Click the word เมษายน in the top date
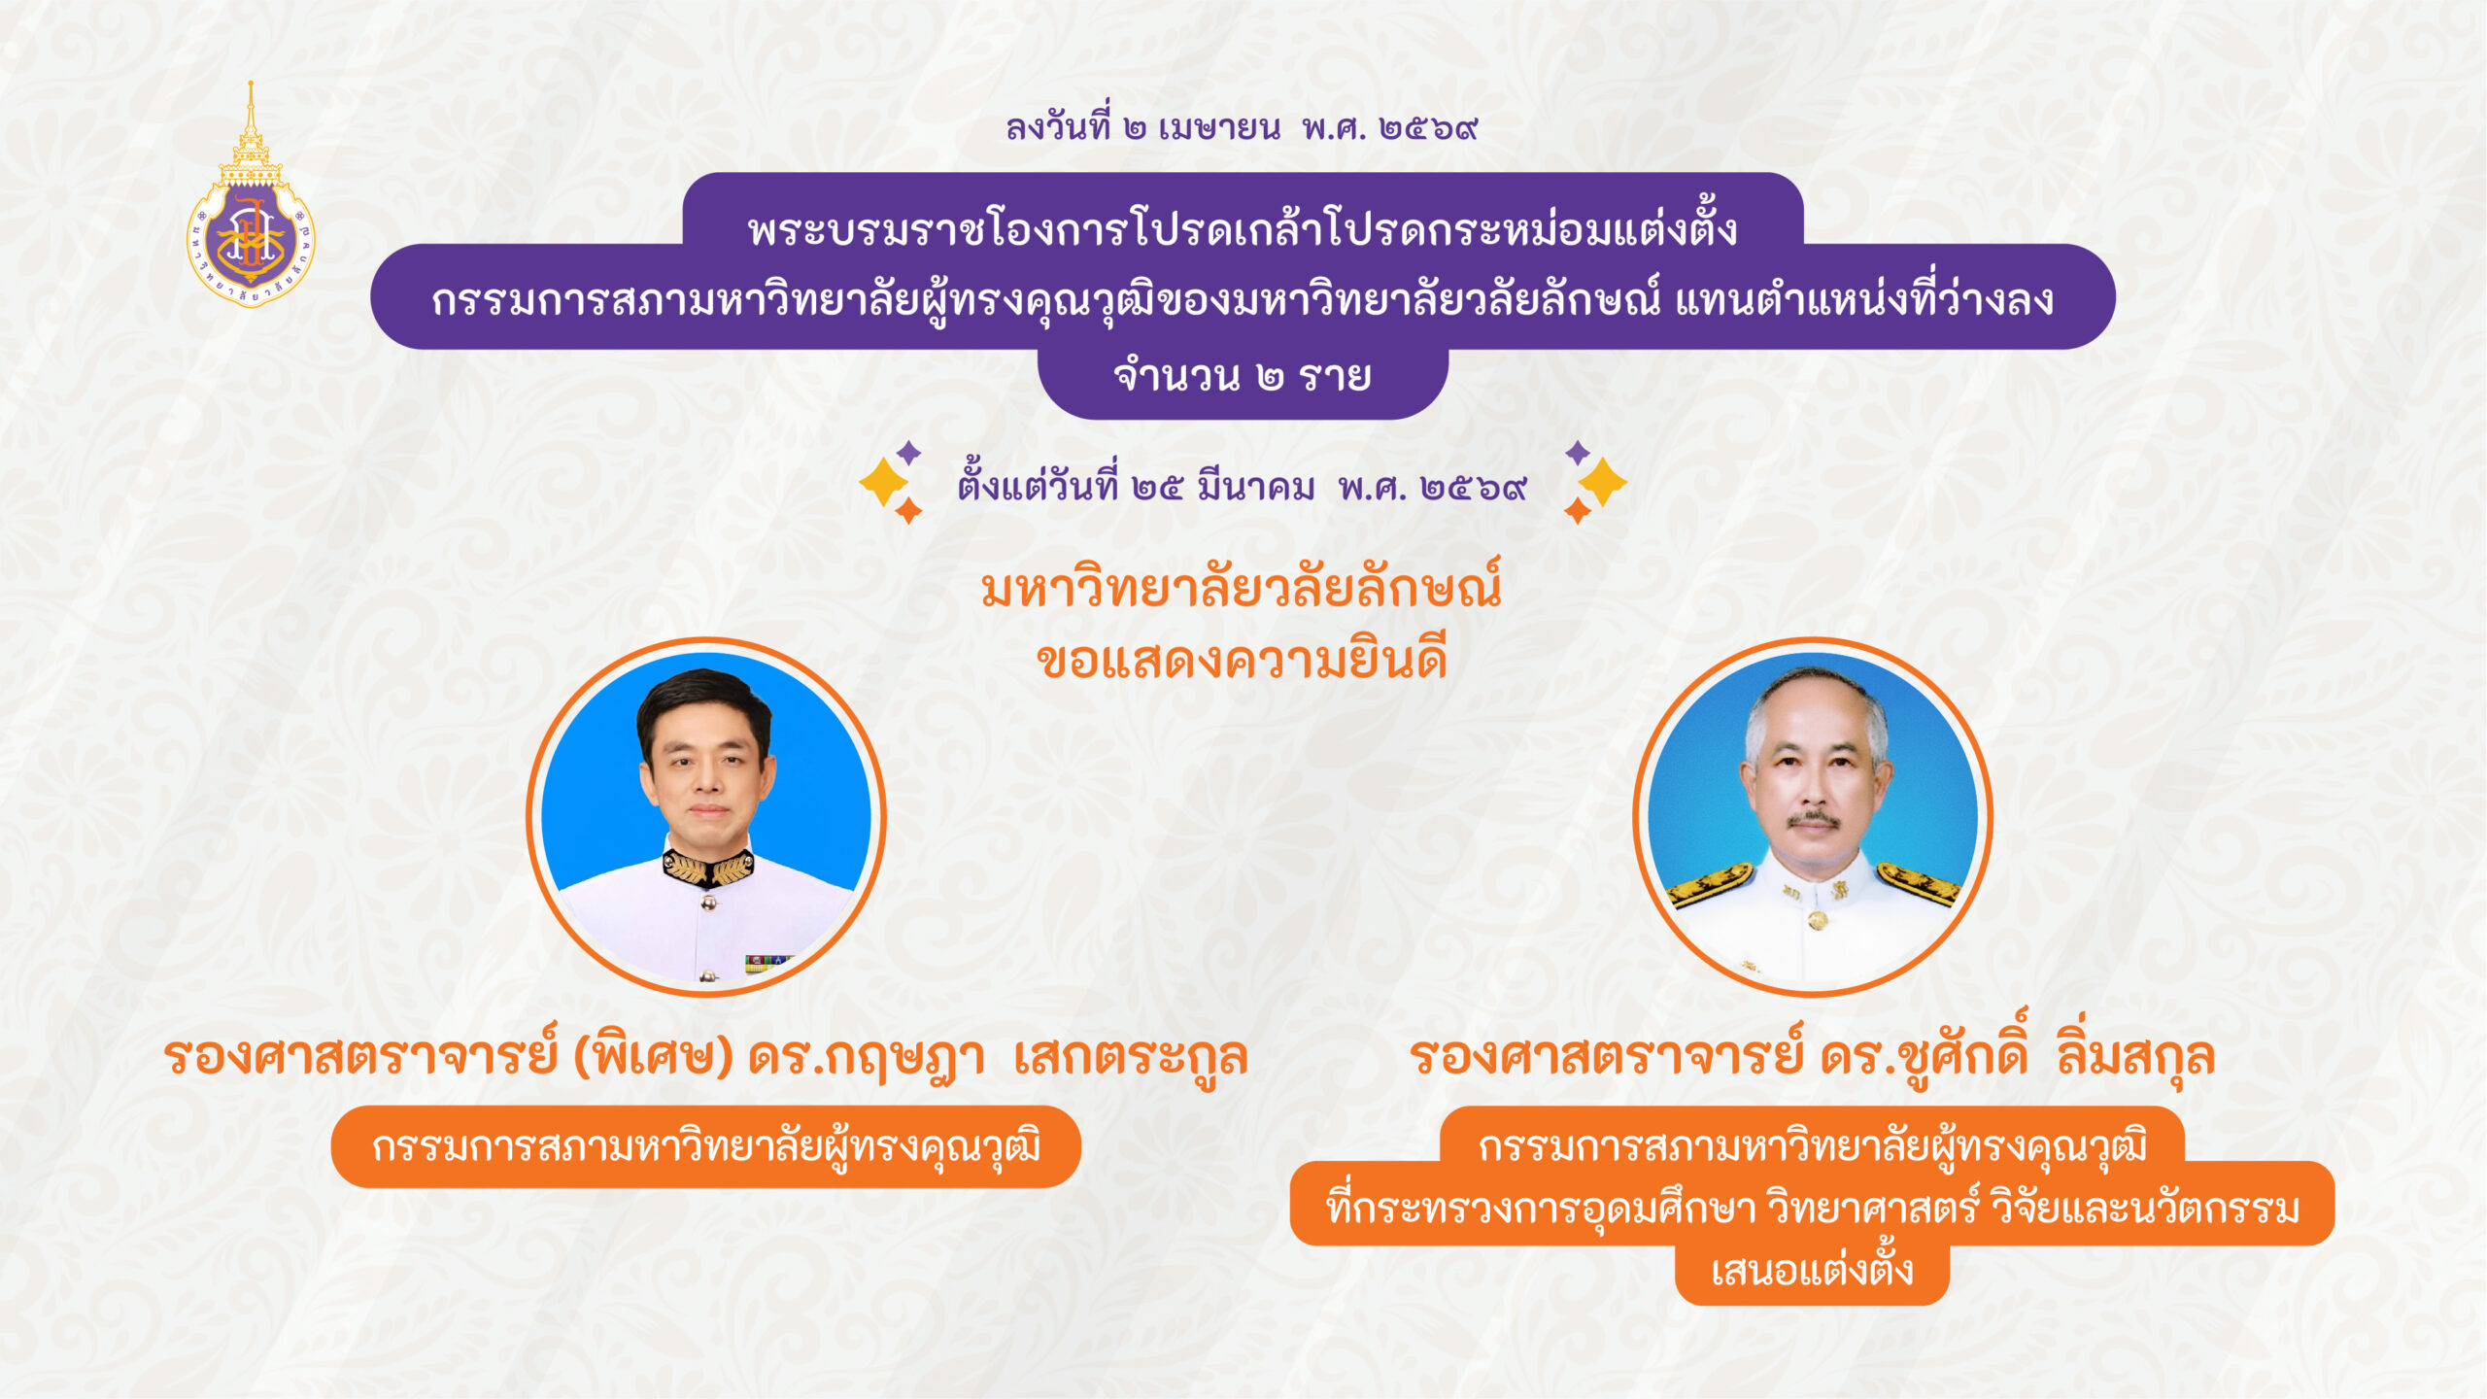(x=1219, y=127)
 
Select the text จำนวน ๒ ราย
(x=1243, y=376)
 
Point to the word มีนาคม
(x=1255, y=486)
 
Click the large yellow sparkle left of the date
(x=882, y=482)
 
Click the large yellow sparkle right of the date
(x=1602, y=482)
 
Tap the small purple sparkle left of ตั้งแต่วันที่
(x=908, y=452)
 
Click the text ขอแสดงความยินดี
(x=1242, y=661)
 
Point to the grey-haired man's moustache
(x=1813, y=820)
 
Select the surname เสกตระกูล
(x=1130, y=1057)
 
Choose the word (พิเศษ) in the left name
(x=653, y=1057)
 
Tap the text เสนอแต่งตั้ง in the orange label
(x=1812, y=1271)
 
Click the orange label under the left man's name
(x=706, y=1146)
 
